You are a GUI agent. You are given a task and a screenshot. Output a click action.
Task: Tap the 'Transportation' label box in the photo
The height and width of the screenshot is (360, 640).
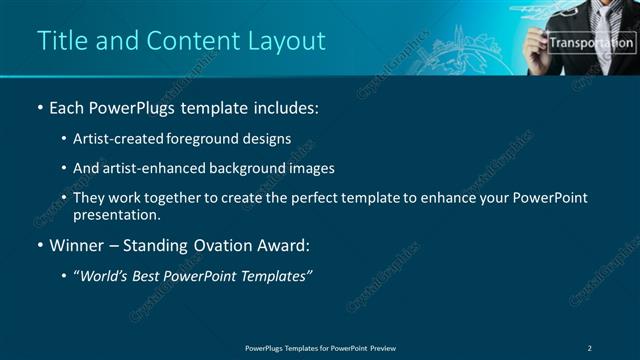591,43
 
